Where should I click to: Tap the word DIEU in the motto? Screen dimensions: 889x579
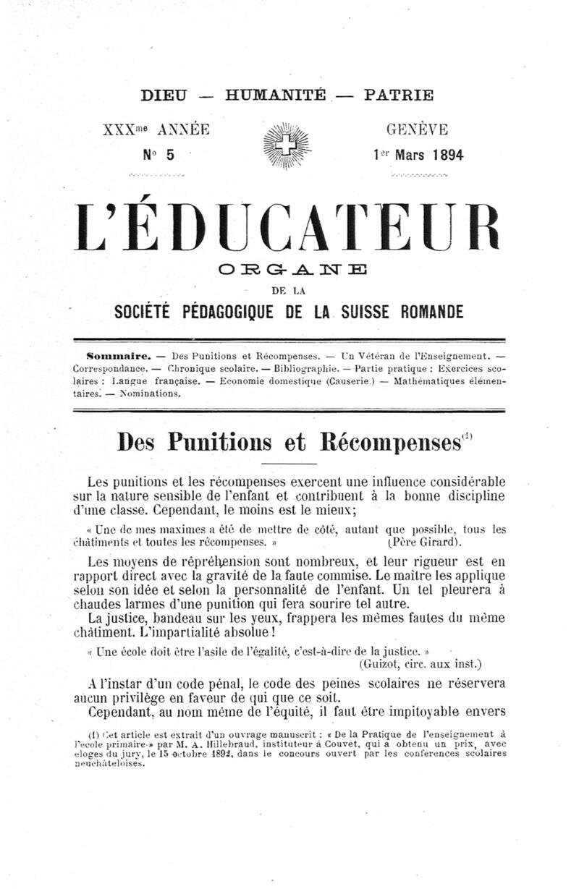pos(164,95)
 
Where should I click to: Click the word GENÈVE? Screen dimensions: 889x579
pos(418,130)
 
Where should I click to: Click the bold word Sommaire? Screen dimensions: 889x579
pos(119,356)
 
